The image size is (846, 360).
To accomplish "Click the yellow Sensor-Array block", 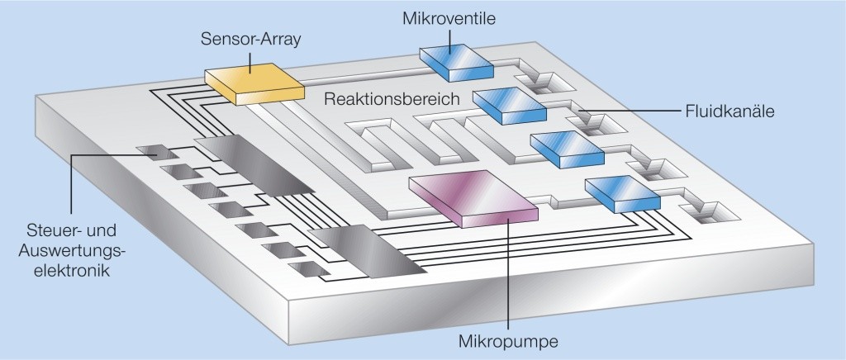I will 251,83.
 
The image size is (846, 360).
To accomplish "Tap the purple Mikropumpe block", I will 473,198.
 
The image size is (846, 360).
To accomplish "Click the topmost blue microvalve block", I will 456,61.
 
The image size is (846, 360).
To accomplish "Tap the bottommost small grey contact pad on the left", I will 313,269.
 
